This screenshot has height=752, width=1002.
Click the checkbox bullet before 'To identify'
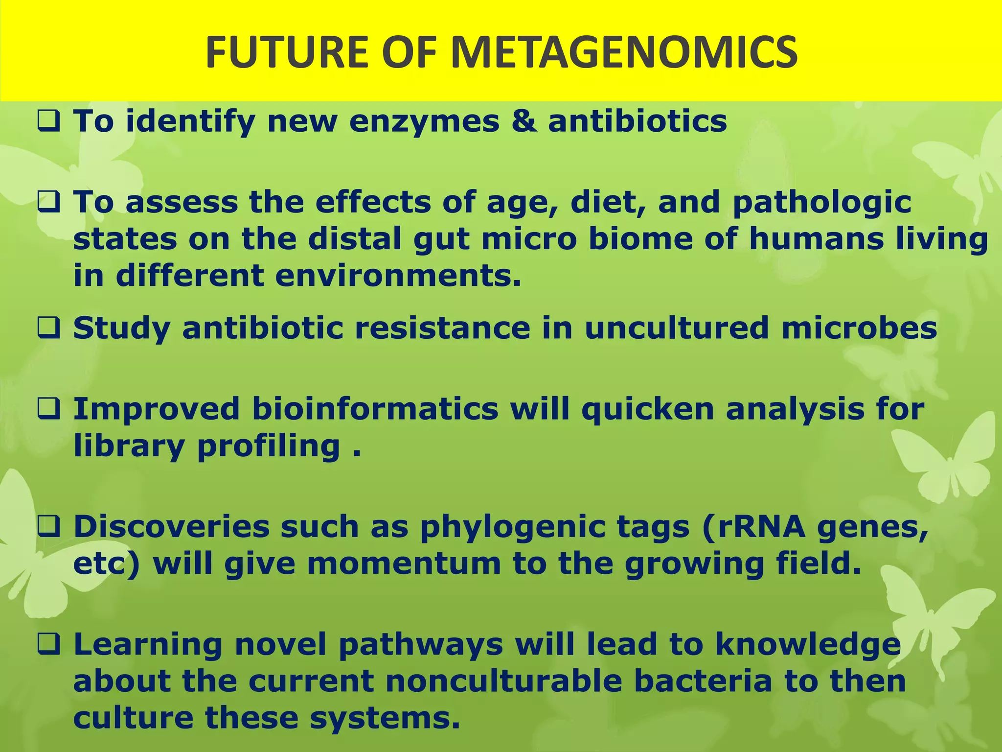tap(48, 121)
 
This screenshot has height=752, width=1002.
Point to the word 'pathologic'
tap(822, 203)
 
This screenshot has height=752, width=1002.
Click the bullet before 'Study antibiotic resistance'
tap(48, 328)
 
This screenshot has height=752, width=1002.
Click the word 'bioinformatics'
tap(375, 409)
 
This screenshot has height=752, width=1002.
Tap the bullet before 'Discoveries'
tap(48, 527)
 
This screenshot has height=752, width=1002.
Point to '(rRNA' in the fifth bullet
tap(753, 527)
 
